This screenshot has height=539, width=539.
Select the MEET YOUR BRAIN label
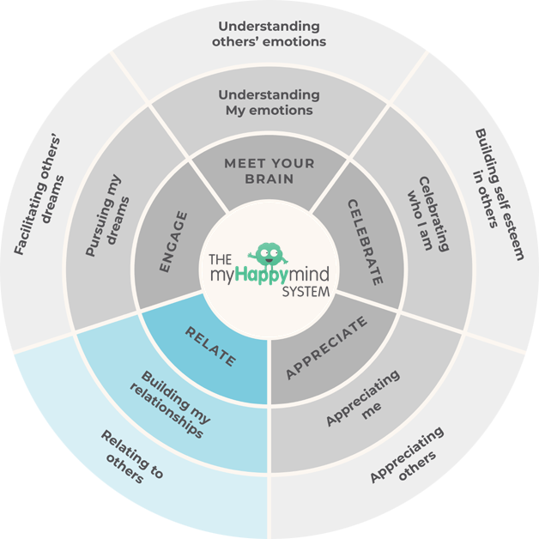pos(269,171)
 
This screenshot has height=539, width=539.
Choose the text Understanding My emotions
pos(269,102)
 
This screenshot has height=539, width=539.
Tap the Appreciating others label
pos(409,455)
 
